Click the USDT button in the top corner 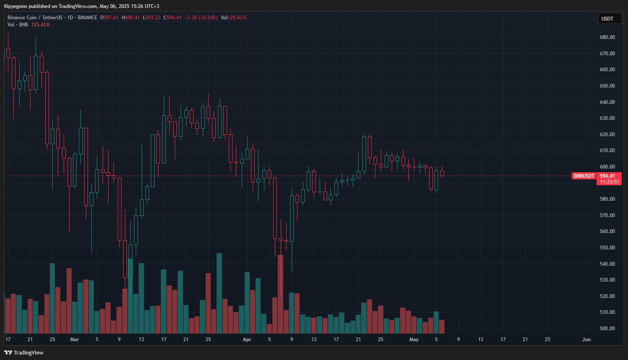point(609,18)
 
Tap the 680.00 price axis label point(607,37)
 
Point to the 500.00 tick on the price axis point(607,329)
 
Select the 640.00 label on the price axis point(607,102)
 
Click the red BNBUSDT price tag point(584,176)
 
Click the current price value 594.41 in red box point(607,176)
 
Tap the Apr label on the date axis point(247,339)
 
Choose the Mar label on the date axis point(75,339)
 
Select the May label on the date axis point(414,339)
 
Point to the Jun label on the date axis point(586,339)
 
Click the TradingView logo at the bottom point(24,352)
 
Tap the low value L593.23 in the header point(152,18)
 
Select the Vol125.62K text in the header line point(233,18)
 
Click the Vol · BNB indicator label point(18,25)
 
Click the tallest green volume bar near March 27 point(219,293)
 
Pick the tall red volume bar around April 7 point(280,293)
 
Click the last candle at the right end point(442,173)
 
